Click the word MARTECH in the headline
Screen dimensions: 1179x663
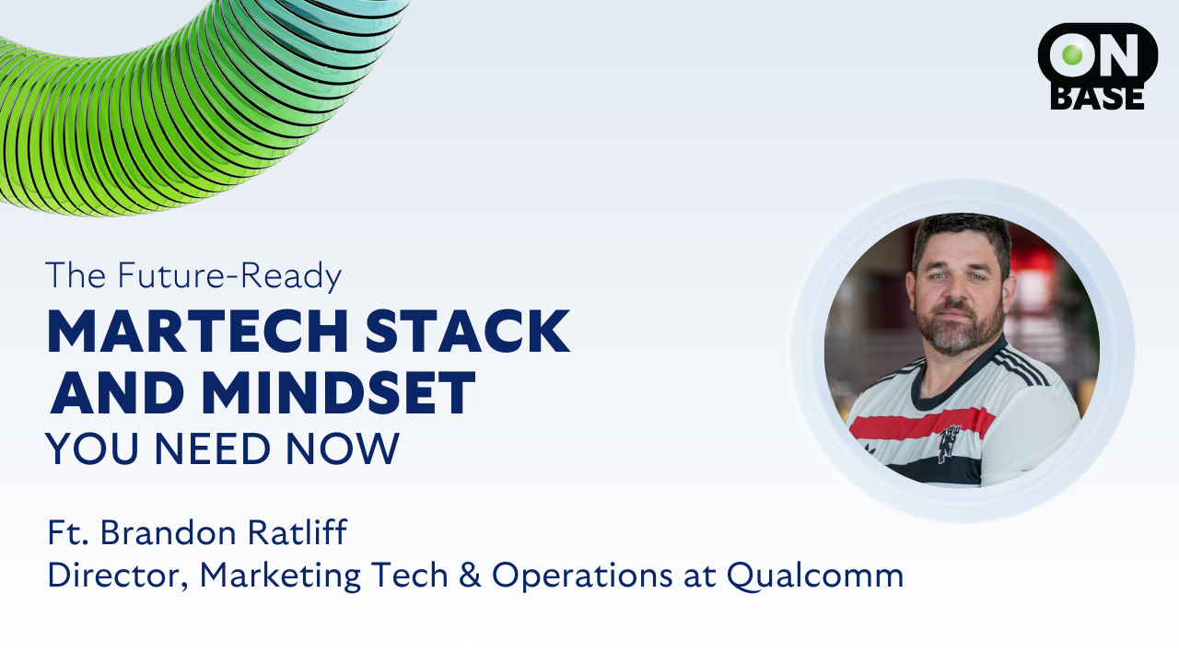point(198,331)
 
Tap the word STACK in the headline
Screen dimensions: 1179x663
point(468,331)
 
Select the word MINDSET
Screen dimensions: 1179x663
point(339,392)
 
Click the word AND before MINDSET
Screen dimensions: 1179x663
point(117,392)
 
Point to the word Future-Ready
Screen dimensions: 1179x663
point(229,275)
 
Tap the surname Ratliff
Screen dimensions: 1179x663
point(298,532)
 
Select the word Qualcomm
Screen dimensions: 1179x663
point(815,576)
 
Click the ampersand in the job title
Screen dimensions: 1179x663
point(470,575)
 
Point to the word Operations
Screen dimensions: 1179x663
point(582,576)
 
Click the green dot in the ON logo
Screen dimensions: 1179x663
point(1072,54)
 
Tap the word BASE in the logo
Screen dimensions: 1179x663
point(1097,98)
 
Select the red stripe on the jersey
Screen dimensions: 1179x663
point(922,425)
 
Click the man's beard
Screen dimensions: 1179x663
point(959,327)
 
